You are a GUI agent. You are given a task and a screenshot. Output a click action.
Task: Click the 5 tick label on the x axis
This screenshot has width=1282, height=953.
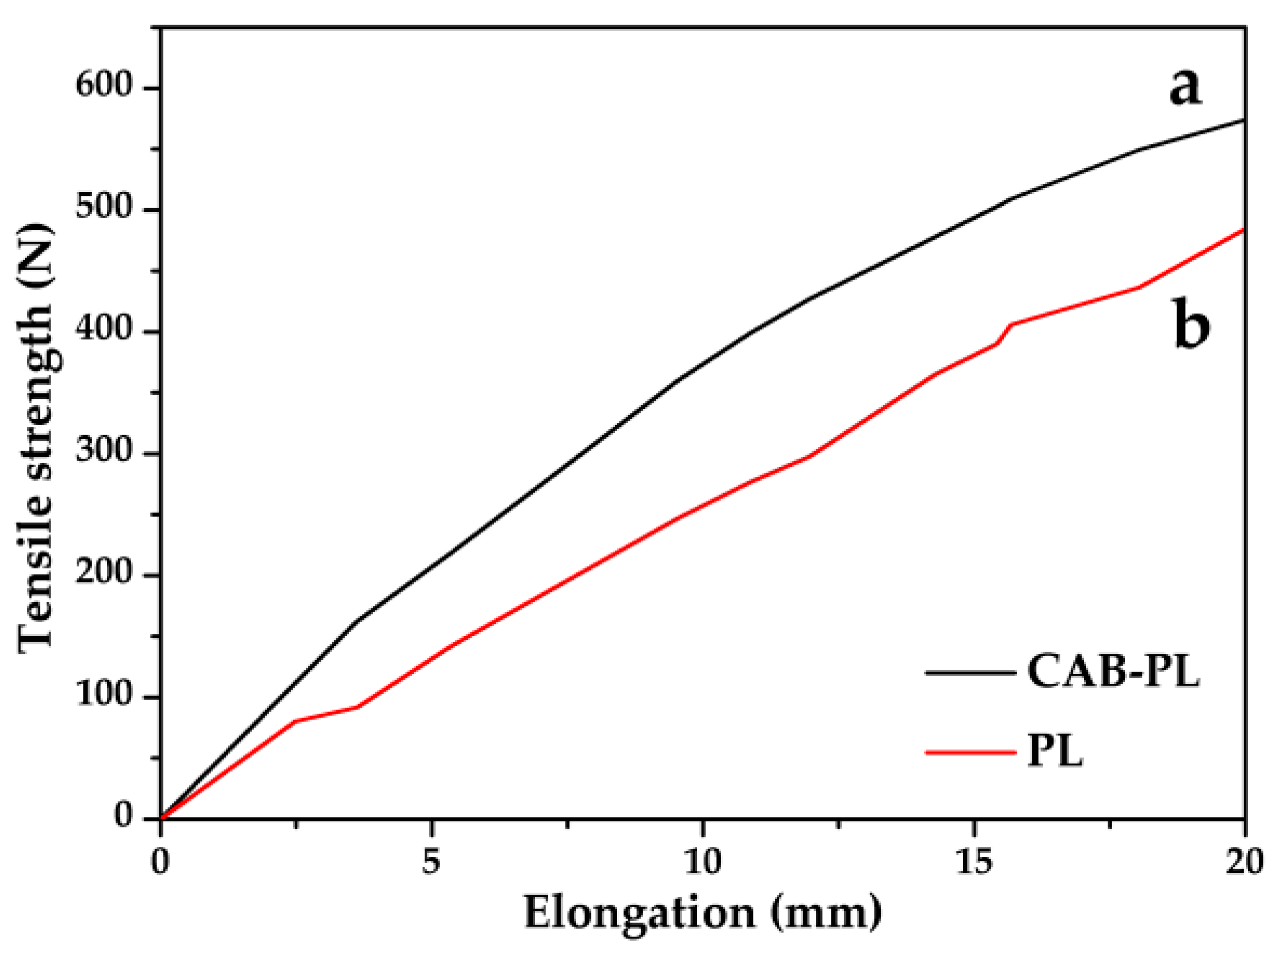(431, 862)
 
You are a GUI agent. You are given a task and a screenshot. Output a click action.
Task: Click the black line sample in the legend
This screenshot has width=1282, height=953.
(971, 673)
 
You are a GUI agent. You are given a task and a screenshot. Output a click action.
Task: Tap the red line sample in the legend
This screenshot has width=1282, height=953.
(971, 752)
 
